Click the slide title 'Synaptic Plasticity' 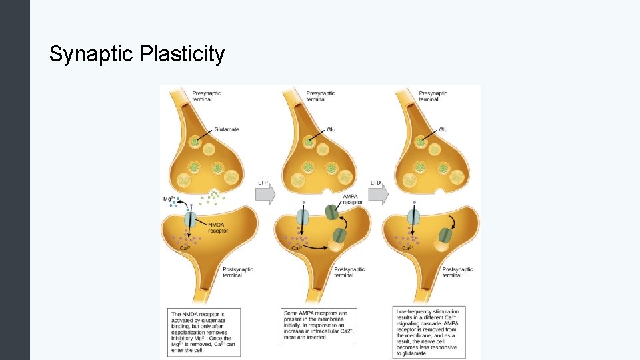click(x=137, y=54)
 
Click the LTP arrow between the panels click(x=266, y=192)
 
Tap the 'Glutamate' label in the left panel click(x=226, y=129)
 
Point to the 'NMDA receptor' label click(x=220, y=228)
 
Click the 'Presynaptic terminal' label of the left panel click(x=207, y=96)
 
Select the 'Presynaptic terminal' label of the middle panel click(x=320, y=96)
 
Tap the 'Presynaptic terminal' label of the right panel click(x=433, y=96)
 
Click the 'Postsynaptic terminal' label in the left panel click(x=235, y=272)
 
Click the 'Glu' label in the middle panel click(x=331, y=129)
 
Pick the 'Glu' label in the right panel click(x=444, y=129)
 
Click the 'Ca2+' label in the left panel click(x=187, y=248)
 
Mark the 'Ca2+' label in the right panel click(x=407, y=248)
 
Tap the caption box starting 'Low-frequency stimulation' click(x=429, y=332)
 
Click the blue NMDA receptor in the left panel click(x=190, y=219)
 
